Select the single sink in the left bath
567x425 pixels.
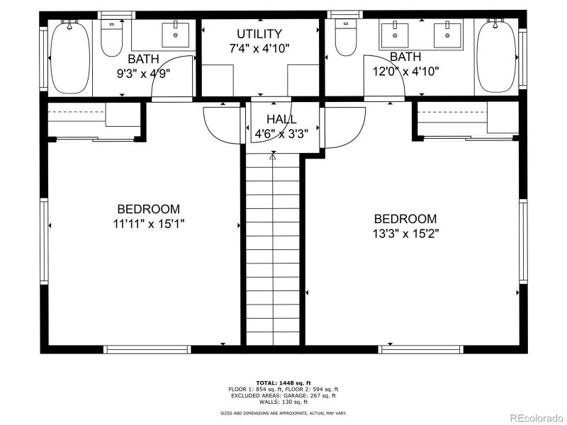pos(174,33)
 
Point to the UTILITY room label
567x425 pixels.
pos(259,34)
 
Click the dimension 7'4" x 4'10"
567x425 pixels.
pos(259,48)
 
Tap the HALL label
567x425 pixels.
pos(281,120)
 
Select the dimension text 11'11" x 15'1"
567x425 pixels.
pos(148,223)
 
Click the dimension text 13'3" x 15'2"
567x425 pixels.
pos(405,234)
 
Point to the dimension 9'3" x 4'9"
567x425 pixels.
pos(143,72)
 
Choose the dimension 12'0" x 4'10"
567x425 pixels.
pos(405,71)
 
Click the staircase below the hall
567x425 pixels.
pos(274,248)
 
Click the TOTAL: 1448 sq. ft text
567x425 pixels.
pos(283,382)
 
